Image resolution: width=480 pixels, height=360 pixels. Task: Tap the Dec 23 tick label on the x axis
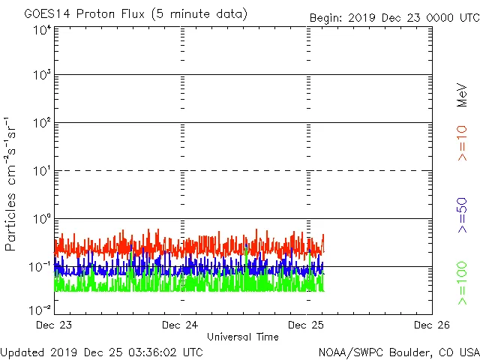54,325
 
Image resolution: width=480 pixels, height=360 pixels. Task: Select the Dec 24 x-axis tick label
180,325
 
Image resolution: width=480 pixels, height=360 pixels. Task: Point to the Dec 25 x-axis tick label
306,325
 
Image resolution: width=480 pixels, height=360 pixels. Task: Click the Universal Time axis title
242,337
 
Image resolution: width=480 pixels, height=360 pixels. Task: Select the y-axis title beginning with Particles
13,184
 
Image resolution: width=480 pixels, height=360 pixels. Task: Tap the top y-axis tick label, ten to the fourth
42,30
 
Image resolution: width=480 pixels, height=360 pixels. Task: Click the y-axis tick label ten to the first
42,172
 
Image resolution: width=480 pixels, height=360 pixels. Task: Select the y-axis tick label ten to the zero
42,220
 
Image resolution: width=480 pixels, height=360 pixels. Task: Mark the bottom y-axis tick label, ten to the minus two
40,309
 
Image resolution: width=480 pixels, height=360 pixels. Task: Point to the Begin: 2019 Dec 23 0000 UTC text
394,17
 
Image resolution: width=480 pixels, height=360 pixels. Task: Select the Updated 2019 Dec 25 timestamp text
102,351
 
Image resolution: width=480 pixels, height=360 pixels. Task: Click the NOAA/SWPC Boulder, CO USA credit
398,351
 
